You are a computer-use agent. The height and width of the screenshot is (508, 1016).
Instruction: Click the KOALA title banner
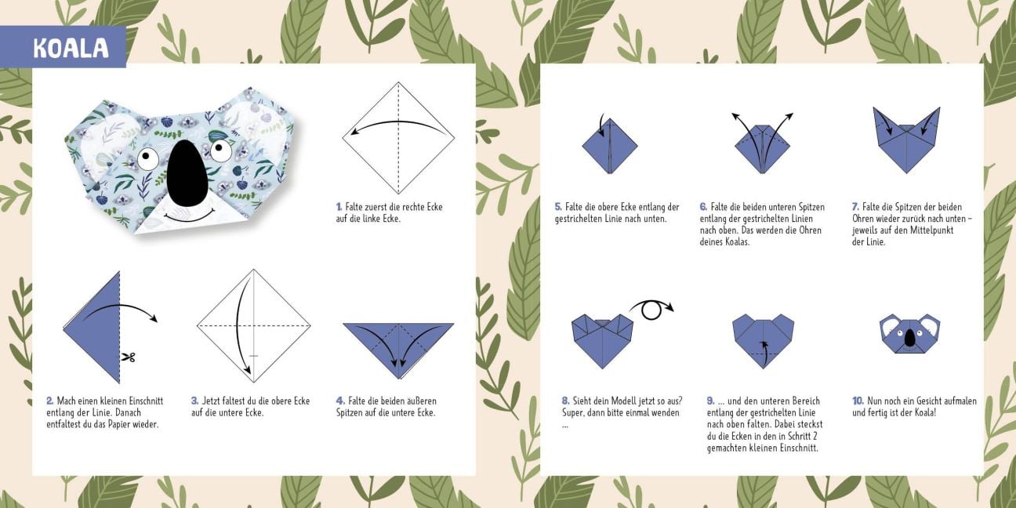(63, 47)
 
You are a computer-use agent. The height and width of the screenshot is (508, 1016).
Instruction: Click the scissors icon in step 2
(128, 357)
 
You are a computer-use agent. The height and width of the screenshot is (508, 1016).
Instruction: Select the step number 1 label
(339, 207)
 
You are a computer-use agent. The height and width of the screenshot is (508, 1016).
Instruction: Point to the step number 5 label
(558, 207)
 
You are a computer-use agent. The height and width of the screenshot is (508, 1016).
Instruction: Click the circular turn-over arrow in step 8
(651, 310)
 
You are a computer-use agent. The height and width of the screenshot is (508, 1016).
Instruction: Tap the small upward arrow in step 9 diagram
(764, 353)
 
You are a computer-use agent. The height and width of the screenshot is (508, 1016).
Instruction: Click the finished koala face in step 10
(909, 333)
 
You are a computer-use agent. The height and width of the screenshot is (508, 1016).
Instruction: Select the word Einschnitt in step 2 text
(146, 401)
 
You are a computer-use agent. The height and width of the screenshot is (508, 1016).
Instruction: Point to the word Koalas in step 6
(737, 241)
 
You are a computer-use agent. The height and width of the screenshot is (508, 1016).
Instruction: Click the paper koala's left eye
(148, 158)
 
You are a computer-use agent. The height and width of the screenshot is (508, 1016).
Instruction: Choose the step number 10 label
(858, 401)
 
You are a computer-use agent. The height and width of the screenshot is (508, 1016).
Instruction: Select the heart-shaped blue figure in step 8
(602, 341)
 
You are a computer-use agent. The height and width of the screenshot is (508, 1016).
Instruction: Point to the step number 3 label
(194, 401)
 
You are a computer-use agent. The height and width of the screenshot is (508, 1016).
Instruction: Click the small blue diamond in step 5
(610, 146)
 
